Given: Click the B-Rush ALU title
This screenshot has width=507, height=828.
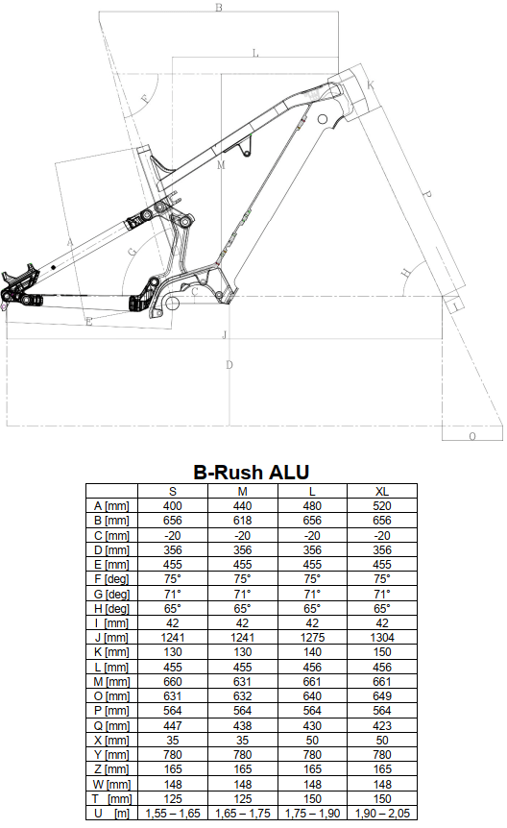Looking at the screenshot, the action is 252,472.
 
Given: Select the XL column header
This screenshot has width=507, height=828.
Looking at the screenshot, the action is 382,492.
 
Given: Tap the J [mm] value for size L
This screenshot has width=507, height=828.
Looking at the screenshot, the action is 312,638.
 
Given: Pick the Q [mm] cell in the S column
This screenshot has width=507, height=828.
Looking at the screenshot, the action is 173,725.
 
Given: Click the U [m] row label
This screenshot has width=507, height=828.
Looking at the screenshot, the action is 112,814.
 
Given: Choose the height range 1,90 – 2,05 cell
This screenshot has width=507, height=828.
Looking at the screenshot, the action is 382,814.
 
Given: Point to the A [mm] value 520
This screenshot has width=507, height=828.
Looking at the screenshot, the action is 382,506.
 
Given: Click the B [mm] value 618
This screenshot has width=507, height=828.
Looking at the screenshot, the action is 242,521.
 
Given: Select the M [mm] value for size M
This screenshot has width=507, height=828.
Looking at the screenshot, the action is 242,682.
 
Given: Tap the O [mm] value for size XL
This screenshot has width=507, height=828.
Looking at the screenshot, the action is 382,696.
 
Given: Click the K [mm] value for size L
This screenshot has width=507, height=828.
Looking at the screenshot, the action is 312,652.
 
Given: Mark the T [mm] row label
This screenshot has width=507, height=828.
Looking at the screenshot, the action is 112,799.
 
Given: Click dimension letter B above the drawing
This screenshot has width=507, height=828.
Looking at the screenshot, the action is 219,8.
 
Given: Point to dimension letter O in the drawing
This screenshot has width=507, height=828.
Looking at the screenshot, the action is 472,436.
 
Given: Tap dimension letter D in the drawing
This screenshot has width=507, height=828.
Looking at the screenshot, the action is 229,365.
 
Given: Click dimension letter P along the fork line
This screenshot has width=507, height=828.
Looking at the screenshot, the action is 426,195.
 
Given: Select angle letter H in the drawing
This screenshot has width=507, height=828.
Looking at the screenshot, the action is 405,273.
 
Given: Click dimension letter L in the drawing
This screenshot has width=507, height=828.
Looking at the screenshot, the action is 255,53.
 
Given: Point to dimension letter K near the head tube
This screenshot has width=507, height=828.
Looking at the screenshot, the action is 371,85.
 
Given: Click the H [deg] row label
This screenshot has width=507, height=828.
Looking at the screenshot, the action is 112,608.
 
